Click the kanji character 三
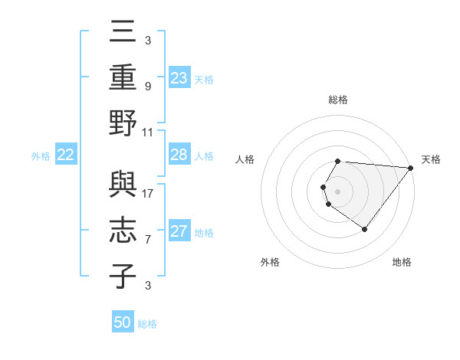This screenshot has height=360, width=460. (x=123, y=32)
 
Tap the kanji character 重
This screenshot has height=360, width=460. (x=123, y=77)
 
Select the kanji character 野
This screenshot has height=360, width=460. (x=123, y=123)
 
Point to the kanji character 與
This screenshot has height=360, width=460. (x=123, y=185)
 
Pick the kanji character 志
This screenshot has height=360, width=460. (x=123, y=231)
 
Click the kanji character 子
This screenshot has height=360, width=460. (x=123, y=276)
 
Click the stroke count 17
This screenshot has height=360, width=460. (x=149, y=193)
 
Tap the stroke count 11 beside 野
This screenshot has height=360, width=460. (x=149, y=132)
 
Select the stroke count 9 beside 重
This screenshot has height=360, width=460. (x=148, y=86)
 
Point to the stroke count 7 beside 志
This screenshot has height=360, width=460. (x=148, y=240)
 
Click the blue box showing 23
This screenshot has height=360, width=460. (x=179, y=78)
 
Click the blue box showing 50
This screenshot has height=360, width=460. (x=123, y=322)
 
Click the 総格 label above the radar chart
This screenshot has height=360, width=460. (x=338, y=100)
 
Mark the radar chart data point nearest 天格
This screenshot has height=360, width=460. (x=411, y=169)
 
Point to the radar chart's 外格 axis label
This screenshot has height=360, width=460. (x=270, y=262)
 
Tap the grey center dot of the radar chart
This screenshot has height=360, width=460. (x=337, y=190)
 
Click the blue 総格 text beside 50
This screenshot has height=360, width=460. (x=147, y=324)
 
